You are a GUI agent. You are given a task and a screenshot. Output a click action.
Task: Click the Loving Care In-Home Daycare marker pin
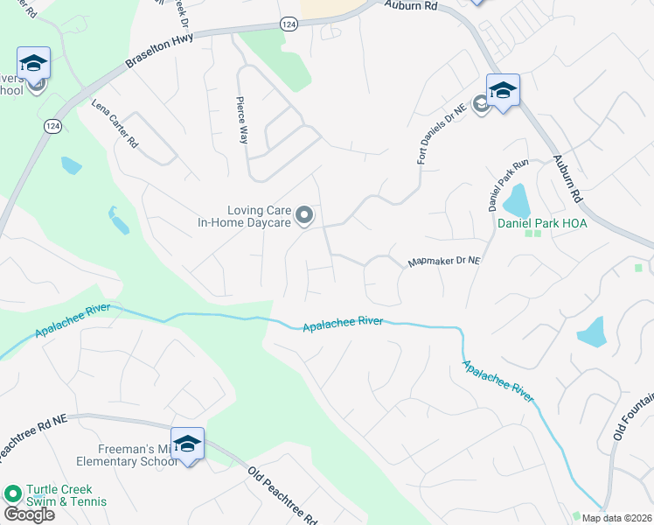(x=304, y=214)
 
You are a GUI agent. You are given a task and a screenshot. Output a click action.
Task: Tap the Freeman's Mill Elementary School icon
(x=188, y=444)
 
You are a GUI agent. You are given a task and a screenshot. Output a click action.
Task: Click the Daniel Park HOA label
(x=542, y=223)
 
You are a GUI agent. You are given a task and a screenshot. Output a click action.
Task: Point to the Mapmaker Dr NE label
(x=444, y=262)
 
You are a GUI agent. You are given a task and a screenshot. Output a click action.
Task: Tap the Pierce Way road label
(x=242, y=120)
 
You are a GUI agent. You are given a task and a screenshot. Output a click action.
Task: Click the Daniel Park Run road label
(x=497, y=185)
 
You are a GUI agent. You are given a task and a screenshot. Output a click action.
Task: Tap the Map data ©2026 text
(x=616, y=518)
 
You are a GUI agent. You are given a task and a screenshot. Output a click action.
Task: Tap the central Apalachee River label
(x=343, y=325)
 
